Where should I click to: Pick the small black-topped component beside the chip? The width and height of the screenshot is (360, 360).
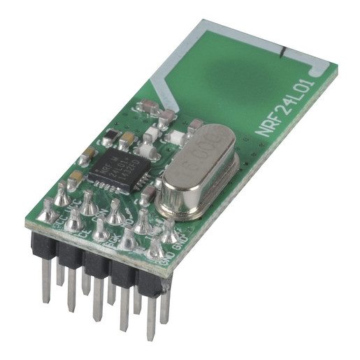point(113,134)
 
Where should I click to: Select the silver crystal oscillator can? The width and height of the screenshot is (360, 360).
point(197,171)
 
